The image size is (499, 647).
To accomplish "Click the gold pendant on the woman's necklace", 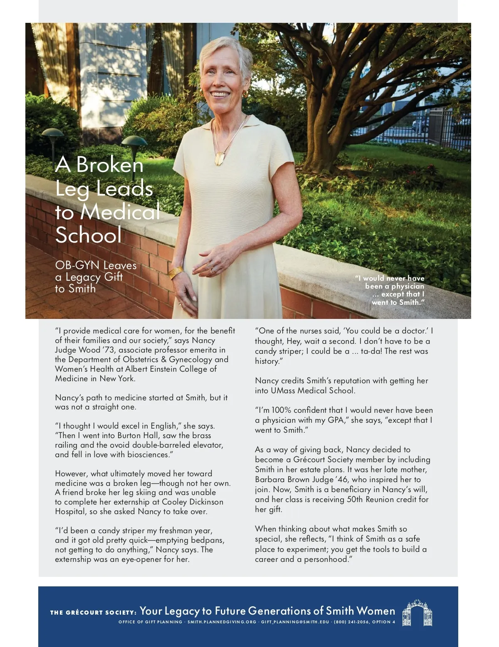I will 220,158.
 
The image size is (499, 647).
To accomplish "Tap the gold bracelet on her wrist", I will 176,272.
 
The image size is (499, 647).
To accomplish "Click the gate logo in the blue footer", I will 417,613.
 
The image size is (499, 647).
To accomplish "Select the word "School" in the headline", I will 89,235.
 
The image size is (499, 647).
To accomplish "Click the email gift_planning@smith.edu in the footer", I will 295,622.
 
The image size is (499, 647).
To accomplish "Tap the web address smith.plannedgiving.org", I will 222,622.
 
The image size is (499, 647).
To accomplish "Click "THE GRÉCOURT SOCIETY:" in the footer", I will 93,613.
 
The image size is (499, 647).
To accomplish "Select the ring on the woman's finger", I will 213,270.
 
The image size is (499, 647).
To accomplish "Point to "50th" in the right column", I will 355,500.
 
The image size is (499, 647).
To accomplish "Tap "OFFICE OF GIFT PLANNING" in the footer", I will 150,622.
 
